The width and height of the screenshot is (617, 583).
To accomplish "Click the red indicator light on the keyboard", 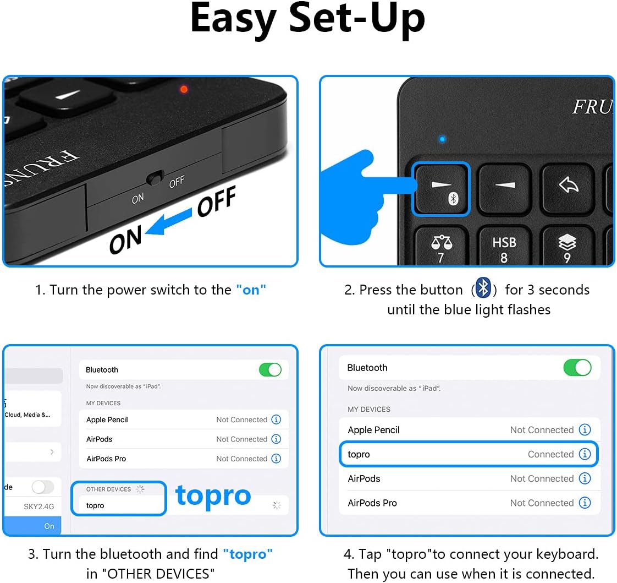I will [x=184, y=89].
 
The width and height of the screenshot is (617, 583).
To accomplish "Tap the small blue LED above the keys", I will [x=442, y=139].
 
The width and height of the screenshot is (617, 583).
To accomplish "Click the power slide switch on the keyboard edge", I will [x=156, y=178].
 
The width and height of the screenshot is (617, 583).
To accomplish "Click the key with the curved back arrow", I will [x=568, y=186].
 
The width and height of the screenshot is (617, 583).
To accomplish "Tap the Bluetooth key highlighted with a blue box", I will [x=441, y=189].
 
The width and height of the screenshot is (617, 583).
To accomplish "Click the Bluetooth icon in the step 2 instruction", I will [x=483, y=288].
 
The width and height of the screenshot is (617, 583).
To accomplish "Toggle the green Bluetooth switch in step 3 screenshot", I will [x=270, y=369].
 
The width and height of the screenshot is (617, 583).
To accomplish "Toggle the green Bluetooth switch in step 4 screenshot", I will [x=577, y=367].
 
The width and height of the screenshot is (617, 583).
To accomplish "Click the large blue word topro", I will [x=213, y=495].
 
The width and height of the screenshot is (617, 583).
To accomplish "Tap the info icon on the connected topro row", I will [x=585, y=454].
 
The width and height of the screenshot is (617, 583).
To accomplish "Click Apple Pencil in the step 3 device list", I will [x=107, y=419].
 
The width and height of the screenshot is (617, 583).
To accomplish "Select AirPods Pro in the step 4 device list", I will [x=372, y=503].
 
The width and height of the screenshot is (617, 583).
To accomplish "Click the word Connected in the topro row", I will [x=550, y=454].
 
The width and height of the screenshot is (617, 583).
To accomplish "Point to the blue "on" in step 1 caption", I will [x=251, y=290].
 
